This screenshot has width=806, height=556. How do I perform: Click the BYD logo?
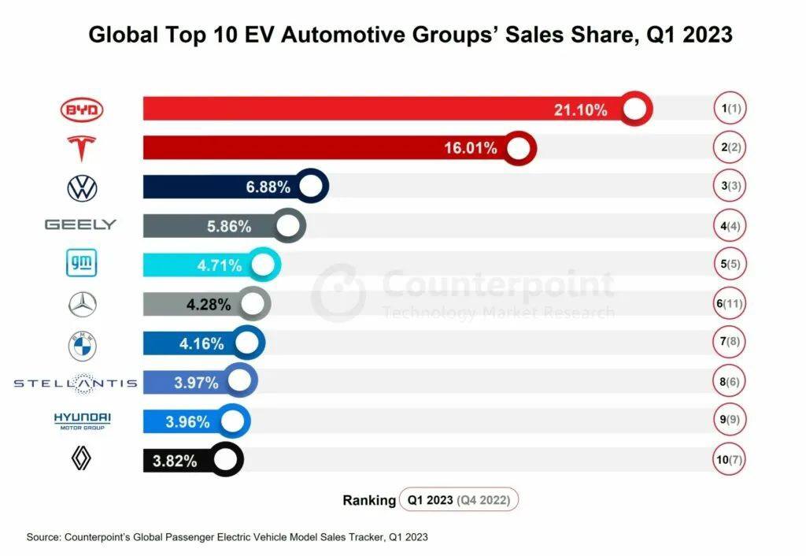[x=82, y=111]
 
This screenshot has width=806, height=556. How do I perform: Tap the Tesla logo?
[x=82, y=148]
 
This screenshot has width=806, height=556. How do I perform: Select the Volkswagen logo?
[x=82, y=188]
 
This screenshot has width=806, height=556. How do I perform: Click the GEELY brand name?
[x=80, y=225]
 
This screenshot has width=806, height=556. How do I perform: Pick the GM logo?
[x=82, y=265]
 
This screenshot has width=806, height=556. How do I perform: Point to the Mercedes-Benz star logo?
[x=82, y=304]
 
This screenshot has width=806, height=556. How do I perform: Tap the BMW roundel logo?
[x=82, y=344]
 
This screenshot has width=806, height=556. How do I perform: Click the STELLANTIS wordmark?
[x=76, y=384]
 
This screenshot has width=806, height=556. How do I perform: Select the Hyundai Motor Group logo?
[x=82, y=421]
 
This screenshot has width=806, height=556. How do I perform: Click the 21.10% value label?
[x=581, y=110]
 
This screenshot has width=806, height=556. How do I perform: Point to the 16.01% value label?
[x=471, y=148]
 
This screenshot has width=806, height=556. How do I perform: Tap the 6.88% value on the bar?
[x=268, y=187]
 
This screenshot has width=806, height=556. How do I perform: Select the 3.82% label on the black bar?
[x=175, y=461]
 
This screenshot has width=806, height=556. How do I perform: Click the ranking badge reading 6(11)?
[x=731, y=304]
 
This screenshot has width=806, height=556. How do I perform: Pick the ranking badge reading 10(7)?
[x=731, y=461]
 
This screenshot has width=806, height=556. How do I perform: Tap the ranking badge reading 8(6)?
[x=731, y=384]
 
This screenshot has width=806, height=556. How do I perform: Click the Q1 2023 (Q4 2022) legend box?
[x=459, y=499]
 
